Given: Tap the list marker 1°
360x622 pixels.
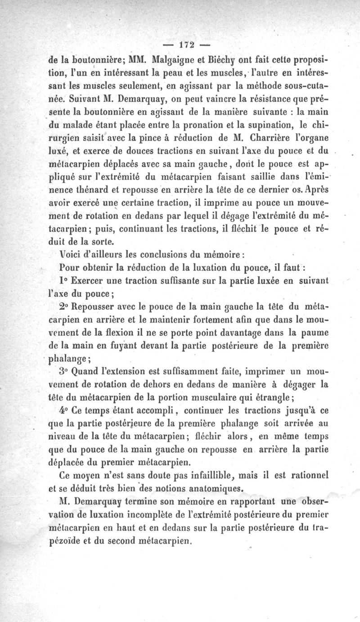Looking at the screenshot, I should (x=63, y=280).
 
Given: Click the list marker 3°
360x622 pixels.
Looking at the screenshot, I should (x=64, y=373).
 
